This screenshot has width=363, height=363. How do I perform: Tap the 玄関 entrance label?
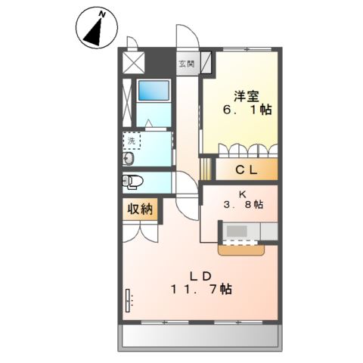pos(185,64)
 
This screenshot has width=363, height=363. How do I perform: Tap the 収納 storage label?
pos(138,209)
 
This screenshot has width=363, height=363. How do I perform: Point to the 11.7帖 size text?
pos(201,289)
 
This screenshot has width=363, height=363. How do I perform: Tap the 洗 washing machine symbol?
pos(131,141)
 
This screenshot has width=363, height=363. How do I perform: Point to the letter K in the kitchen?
pos(243,193)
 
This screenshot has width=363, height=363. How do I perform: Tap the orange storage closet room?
pos(138,209)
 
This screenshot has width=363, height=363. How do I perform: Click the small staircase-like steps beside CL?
pos(203,166)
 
